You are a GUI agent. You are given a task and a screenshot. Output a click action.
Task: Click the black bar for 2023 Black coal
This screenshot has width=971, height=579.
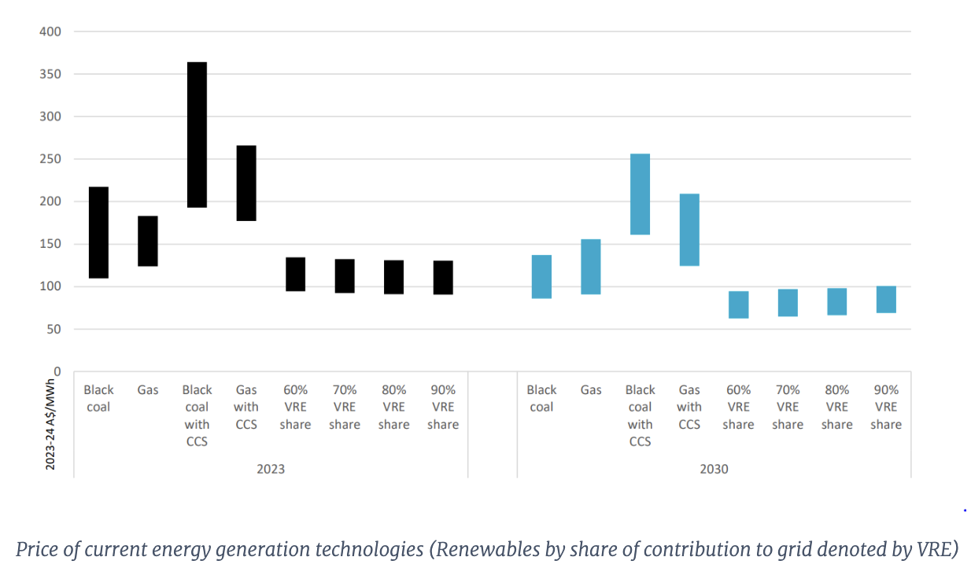point(98,232)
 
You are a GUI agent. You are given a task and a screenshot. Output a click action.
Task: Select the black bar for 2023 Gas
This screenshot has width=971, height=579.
point(148,241)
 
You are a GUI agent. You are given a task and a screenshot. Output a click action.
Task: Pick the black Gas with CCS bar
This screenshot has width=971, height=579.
point(246,183)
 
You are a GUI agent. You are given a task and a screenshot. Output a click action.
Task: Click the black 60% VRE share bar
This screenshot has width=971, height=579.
point(295,274)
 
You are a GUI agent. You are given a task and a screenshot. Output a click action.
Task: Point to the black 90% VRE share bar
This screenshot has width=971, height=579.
point(443,277)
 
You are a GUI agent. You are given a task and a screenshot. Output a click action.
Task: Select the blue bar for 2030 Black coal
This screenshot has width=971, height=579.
point(541,276)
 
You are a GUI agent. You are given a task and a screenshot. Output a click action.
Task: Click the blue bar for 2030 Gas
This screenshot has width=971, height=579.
point(591,267)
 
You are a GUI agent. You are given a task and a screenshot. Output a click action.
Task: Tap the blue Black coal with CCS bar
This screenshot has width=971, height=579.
point(640,194)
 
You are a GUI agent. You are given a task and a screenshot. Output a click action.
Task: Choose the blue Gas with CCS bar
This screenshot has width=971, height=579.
point(689,230)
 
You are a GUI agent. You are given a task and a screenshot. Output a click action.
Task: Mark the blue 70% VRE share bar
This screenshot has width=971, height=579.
point(788,303)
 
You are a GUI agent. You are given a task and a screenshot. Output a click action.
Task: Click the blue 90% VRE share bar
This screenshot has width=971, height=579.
point(886,299)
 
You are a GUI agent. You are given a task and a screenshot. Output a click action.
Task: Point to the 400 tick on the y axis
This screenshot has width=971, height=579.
point(50,31)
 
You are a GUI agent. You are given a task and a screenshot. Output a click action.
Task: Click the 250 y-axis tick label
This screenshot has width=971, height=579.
point(50,159)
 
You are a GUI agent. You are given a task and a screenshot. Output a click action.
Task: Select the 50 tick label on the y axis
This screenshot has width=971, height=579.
point(54,329)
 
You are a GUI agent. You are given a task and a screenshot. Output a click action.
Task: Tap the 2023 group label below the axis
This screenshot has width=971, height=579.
point(271,469)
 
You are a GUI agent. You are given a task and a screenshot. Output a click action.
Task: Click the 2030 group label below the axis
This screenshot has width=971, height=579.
point(714,469)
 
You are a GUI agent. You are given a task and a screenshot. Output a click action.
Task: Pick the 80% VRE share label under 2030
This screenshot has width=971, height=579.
point(836,407)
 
